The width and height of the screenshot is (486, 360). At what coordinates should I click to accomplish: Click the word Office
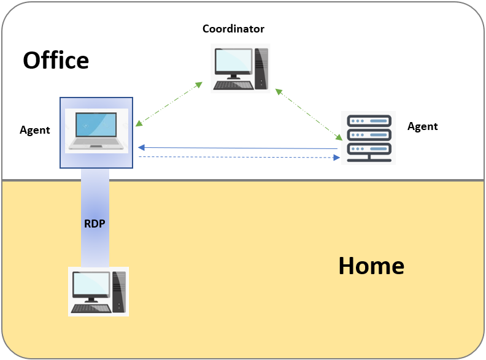click(56, 61)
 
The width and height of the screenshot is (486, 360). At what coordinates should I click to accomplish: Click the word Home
click(371, 266)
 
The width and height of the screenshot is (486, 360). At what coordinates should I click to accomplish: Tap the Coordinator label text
click(234, 29)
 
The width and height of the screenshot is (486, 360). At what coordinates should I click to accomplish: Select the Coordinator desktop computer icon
click(240, 67)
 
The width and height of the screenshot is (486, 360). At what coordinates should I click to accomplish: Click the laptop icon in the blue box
click(97, 131)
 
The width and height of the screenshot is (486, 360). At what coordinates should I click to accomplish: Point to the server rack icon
click(368, 138)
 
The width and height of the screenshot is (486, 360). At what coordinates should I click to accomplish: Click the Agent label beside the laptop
click(35, 130)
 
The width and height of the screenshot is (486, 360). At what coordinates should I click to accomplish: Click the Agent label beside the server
click(423, 126)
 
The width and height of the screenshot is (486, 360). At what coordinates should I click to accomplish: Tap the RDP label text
click(94, 223)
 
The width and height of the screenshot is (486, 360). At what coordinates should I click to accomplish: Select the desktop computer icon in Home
click(99, 291)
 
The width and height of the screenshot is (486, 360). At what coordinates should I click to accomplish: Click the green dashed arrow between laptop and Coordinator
click(169, 104)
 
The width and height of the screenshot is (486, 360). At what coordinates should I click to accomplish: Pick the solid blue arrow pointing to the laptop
click(238, 148)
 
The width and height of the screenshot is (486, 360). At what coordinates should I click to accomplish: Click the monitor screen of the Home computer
click(91, 283)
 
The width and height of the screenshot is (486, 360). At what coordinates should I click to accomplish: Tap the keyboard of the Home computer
click(90, 308)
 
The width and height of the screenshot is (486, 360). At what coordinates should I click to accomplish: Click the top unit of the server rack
click(368, 121)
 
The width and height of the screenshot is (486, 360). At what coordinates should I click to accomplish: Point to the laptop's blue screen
click(98, 124)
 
